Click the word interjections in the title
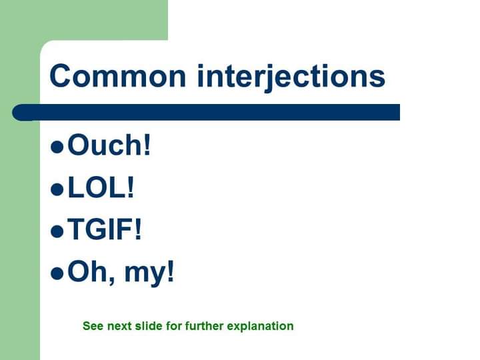point(291,76)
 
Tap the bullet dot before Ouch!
point(57,147)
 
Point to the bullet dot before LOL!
point(57,189)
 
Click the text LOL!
point(101,188)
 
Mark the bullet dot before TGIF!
point(57,231)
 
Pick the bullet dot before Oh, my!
point(57,273)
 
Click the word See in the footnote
point(92,326)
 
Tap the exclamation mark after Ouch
point(147,145)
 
